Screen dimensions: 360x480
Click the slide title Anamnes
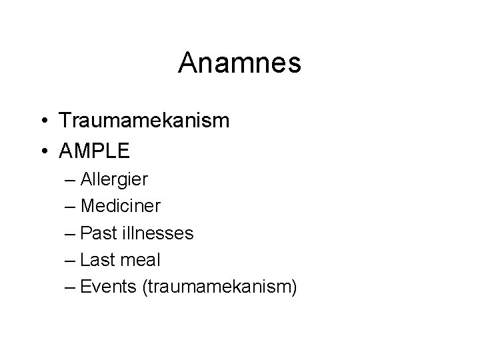point(240,63)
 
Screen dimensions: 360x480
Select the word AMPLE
point(95,151)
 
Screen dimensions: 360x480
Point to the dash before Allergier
point(71,180)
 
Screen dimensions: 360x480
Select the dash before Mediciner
point(71,207)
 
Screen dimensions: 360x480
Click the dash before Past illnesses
point(71,234)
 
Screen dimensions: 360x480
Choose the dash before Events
point(71,288)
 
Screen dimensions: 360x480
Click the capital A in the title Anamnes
point(188,63)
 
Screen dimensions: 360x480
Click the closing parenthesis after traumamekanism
point(293,287)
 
